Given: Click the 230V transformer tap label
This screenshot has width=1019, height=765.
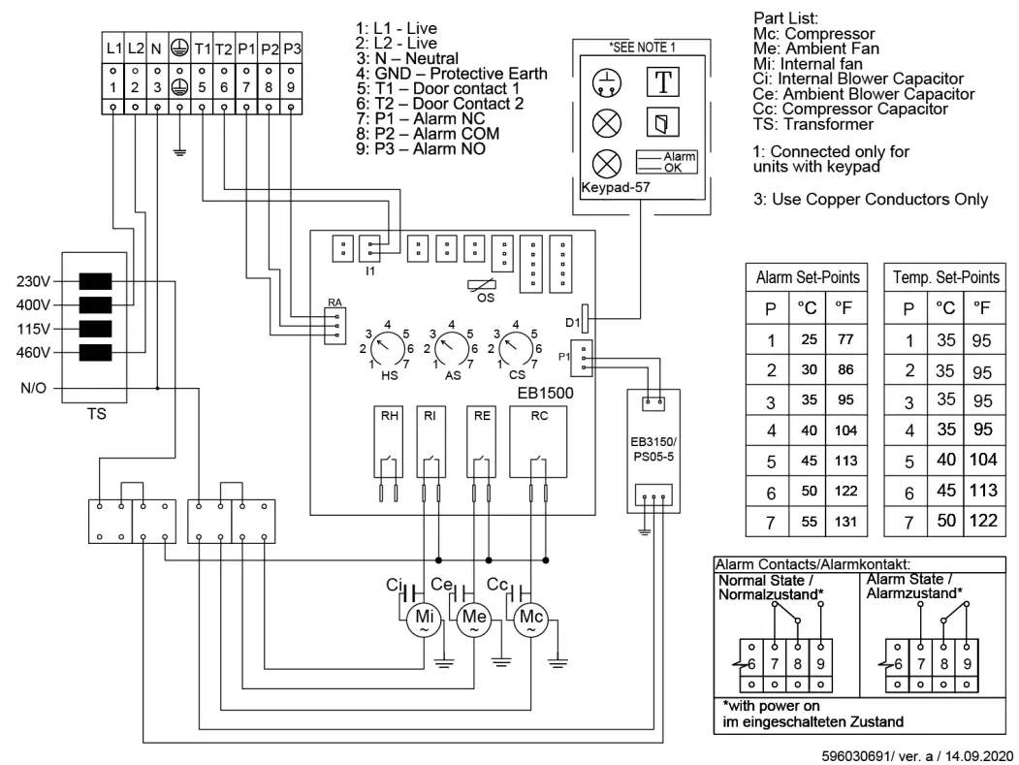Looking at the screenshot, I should [33, 282].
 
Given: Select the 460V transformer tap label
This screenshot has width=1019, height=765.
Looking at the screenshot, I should [33, 352].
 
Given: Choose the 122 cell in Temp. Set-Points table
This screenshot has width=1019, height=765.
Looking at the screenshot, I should [983, 522].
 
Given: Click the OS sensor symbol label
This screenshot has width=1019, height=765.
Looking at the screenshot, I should [486, 299].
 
